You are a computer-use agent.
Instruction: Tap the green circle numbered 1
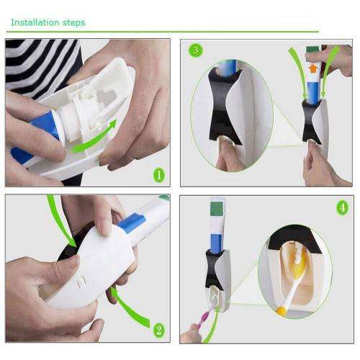point(158,175)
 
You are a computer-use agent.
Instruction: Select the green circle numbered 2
point(158,330)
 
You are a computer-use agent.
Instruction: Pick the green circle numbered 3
point(194,50)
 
